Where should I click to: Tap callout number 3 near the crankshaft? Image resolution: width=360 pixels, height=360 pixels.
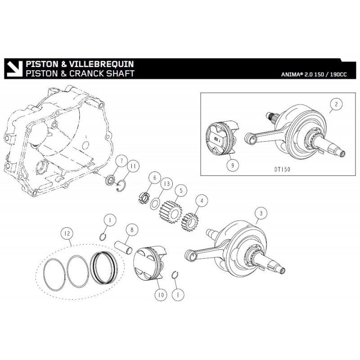[x=258, y=212]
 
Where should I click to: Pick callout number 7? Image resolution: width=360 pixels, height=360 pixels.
[x=120, y=162]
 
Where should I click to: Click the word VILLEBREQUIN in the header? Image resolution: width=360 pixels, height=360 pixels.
[x=100, y=64]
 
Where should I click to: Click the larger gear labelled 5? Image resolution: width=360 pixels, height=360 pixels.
[x=169, y=212]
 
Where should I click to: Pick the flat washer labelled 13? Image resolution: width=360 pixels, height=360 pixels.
[x=154, y=203]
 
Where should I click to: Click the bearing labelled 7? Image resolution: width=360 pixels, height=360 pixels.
[x=110, y=182]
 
